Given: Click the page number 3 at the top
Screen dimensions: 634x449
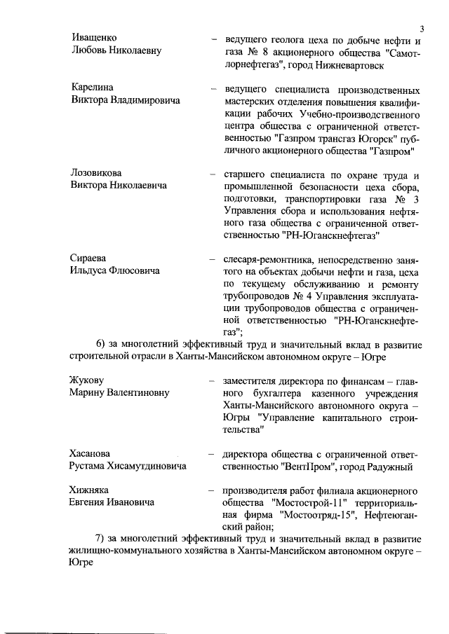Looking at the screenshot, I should (422, 29).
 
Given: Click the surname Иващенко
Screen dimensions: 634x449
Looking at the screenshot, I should (94, 37).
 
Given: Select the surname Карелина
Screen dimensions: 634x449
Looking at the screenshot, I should (92, 88).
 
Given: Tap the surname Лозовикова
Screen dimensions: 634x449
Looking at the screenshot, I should (98, 173).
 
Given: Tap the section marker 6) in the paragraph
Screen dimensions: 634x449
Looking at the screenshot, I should (101, 343).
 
